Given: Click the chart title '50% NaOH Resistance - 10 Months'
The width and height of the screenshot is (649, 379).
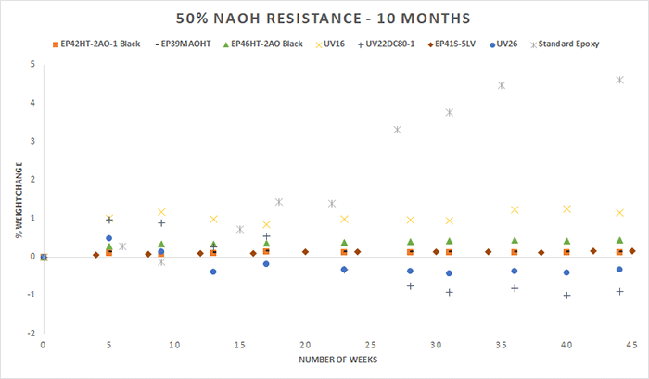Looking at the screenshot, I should pyautogui.click(x=324, y=18).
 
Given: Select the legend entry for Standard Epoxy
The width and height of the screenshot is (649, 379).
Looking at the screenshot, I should pyautogui.click(x=569, y=44).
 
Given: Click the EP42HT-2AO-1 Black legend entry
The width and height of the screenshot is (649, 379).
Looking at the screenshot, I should pyautogui.click(x=101, y=44).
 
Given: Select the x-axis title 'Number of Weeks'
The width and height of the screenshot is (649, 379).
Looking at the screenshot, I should pyautogui.click(x=337, y=359).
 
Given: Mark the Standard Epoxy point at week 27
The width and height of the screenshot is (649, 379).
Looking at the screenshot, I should pyautogui.click(x=397, y=130).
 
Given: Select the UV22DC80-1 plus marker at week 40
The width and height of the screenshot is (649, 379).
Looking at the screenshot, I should pyautogui.click(x=566, y=296).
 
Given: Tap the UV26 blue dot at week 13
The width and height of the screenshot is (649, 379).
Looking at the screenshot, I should pyautogui.click(x=213, y=272).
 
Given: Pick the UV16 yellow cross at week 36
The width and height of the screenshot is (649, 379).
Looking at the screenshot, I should pyautogui.click(x=515, y=210).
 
